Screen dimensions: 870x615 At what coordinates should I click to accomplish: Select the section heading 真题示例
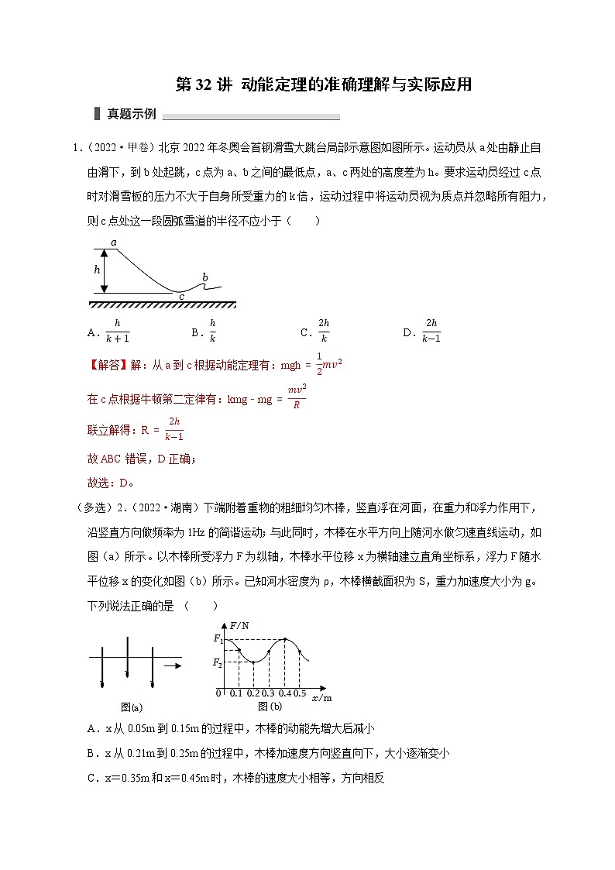pyautogui.click(x=131, y=114)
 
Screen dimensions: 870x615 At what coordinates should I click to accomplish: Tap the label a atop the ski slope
pyautogui.click(x=114, y=242)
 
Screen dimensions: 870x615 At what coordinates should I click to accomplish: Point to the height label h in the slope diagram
pyautogui.click(x=97, y=270)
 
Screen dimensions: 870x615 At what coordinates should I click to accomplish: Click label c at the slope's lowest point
pyautogui.click(x=181, y=297)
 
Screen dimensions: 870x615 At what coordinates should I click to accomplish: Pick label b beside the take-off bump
pyautogui.click(x=204, y=277)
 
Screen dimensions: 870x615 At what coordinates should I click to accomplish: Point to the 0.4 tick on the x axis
pyautogui.click(x=284, y=693)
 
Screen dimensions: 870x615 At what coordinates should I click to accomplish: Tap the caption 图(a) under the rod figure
pyautogui.click(x=131, y=707)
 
